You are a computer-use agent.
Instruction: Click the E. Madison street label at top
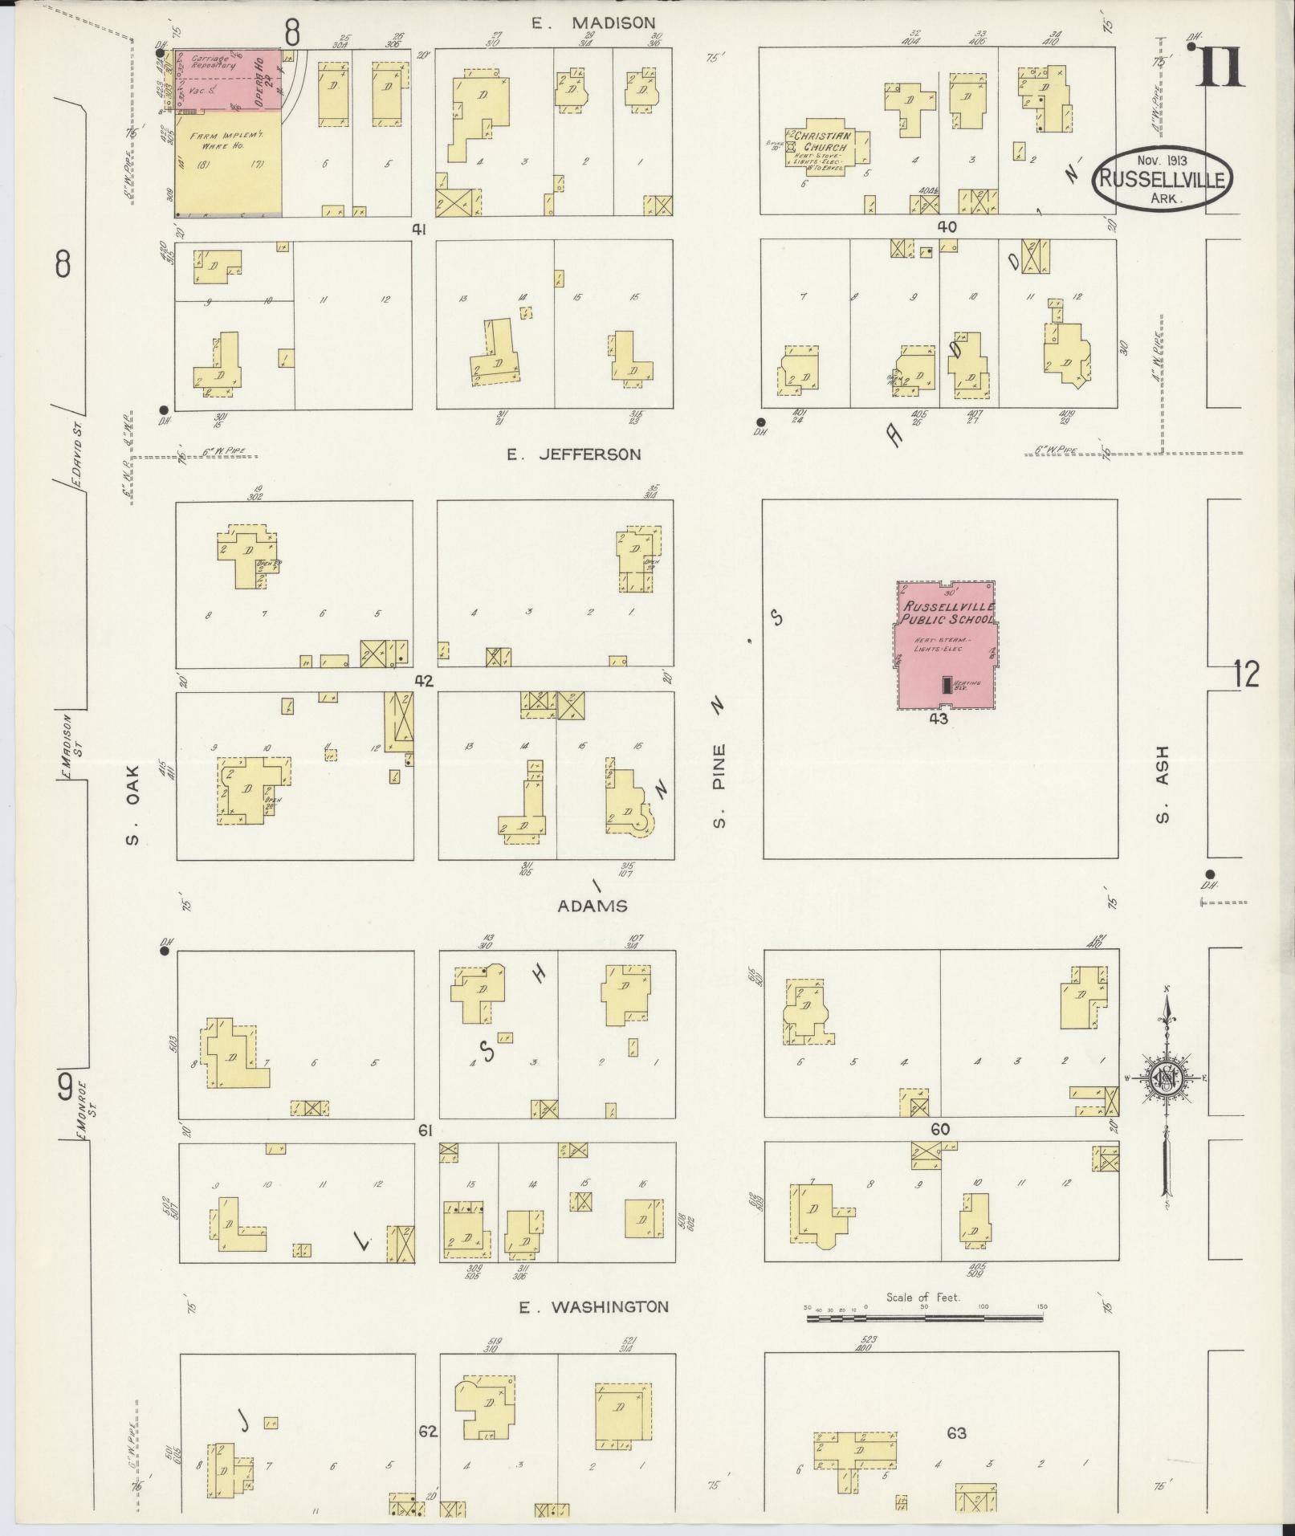[593, 23]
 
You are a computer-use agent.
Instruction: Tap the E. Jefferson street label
[573, 454]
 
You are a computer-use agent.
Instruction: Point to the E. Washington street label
[593, 1307]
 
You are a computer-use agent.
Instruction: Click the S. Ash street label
[1162, 785]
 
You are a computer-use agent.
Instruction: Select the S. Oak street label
[132, 805]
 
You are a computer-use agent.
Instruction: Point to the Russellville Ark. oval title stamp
[1161, 180]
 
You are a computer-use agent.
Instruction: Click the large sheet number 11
[1220, 67]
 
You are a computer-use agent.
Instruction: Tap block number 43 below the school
[938, 719]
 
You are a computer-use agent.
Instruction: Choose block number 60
[939, 1129]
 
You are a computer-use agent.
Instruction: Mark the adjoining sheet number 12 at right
[1246, 674]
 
